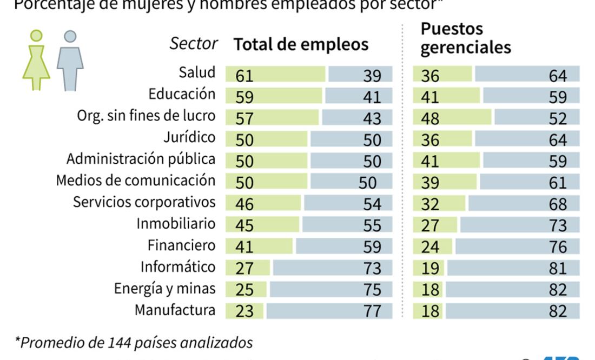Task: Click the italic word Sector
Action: click(x=194, y=44)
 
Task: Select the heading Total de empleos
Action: click(x=301, y=44)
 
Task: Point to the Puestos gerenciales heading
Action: click(x=465, y=38)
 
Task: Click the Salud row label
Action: click(x=197, y=72)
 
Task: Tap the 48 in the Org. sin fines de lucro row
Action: click(x=430, y=118)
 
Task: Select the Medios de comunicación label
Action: click(x=136, y=180)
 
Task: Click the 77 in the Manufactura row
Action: click(x=372, y=311)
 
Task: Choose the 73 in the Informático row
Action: click(x=372, y=268)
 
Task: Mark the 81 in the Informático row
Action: click(x=557, y=268)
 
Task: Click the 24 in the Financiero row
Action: click(x=430, y=247)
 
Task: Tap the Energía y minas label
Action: click(x=164, y=289)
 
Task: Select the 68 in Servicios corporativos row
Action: click(x=557, y=204)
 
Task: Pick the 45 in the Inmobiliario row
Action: click(x=244, y=225)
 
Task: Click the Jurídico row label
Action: click(x=189, y=137)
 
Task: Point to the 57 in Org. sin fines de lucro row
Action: click(x=244, y=118)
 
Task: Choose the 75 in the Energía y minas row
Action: click(x=372, y=290)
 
